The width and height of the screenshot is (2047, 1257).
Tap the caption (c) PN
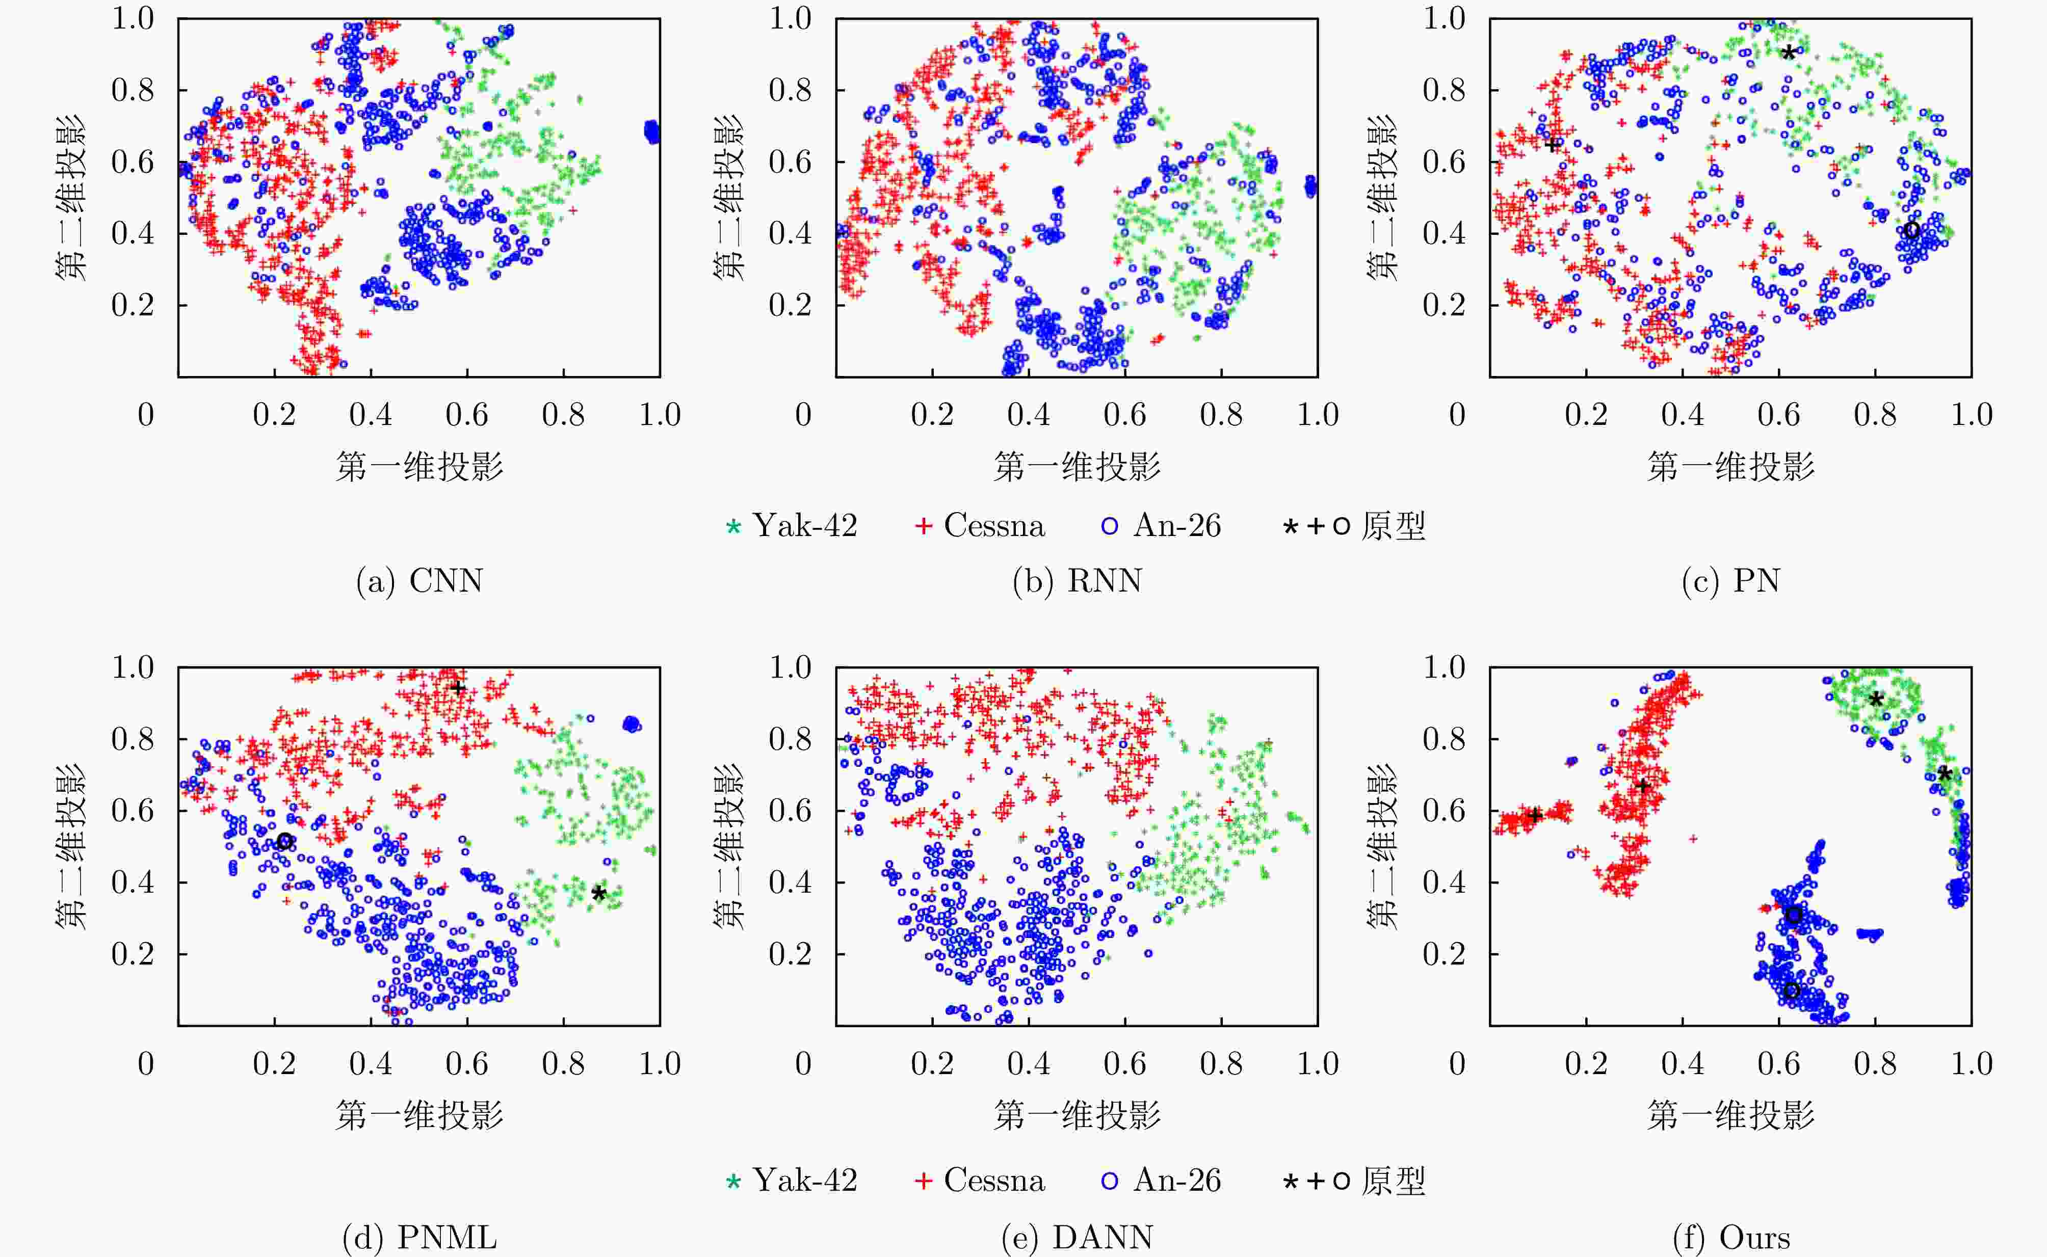click(x=1730, y=580)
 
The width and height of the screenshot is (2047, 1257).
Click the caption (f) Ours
click(x=1730, y=1237)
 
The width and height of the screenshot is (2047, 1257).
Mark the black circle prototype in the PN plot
click(x=1911, y=230)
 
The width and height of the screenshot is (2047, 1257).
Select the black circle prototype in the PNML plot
click(x=285, y=841)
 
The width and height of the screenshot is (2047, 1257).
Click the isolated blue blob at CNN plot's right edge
click(x=652, y=131)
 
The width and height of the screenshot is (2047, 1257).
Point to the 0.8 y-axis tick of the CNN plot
click(x=133, y=90)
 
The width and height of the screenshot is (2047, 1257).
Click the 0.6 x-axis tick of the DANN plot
click(x=1125, y=1064)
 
